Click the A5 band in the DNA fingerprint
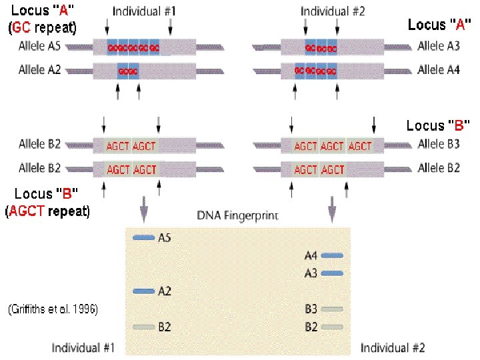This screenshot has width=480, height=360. pyautogui.click(x=143, y=237)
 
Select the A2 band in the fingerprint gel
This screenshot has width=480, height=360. pyautogui.click(x=143, y=291)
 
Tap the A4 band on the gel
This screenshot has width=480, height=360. pyautogui.click(x=332, y=255)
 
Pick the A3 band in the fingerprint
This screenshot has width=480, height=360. pyautogui.click(x=332, y=273)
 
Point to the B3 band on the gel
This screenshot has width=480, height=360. pyautogui.click(x=332, y=309)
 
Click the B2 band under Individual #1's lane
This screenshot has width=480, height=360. pyautogui.click(x=143, y=327)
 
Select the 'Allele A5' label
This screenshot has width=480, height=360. pyautogui.click(x=40, y=48)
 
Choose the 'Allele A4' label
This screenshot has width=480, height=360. pyautogui.click(x=439, y=69)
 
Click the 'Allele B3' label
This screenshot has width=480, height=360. pyautogui.click(x=439, y=144)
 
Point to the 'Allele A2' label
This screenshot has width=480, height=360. pyautogui.click(x=40, y=69)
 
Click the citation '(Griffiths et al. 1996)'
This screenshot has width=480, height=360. pyautogui.click(x=52, y=310)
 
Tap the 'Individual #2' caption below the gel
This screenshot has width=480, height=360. pyautogui.click(x=393, y=348)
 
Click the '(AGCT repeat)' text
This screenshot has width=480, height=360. pyautogui.click(x=47, y=212)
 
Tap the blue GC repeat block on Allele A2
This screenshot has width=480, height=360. pyautogui.click(x=127, y=70)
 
